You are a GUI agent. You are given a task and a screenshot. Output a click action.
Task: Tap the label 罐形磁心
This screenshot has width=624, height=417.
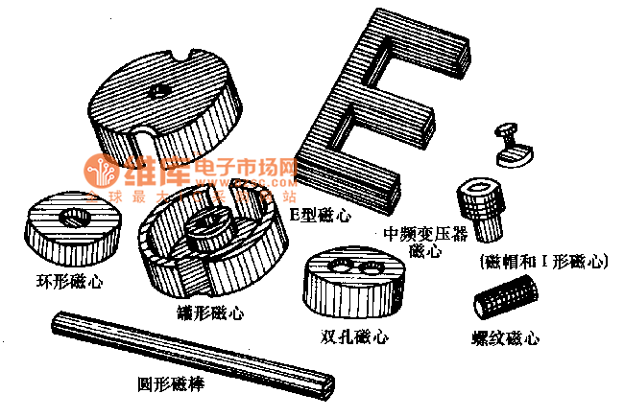(x=210, y=313)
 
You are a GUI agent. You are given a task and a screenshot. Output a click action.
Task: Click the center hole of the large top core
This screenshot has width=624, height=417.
(x=160, y=93)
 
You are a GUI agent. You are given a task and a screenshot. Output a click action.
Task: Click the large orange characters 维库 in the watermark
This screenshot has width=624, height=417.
(x=156, y=173)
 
